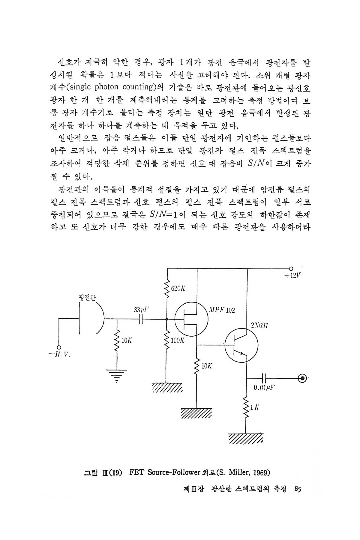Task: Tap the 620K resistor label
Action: [178, 289]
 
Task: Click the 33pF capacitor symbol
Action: [141, 320]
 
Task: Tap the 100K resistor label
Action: [178, 341]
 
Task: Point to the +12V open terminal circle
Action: [291, 268]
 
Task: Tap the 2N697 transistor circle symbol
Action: [241, 346]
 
